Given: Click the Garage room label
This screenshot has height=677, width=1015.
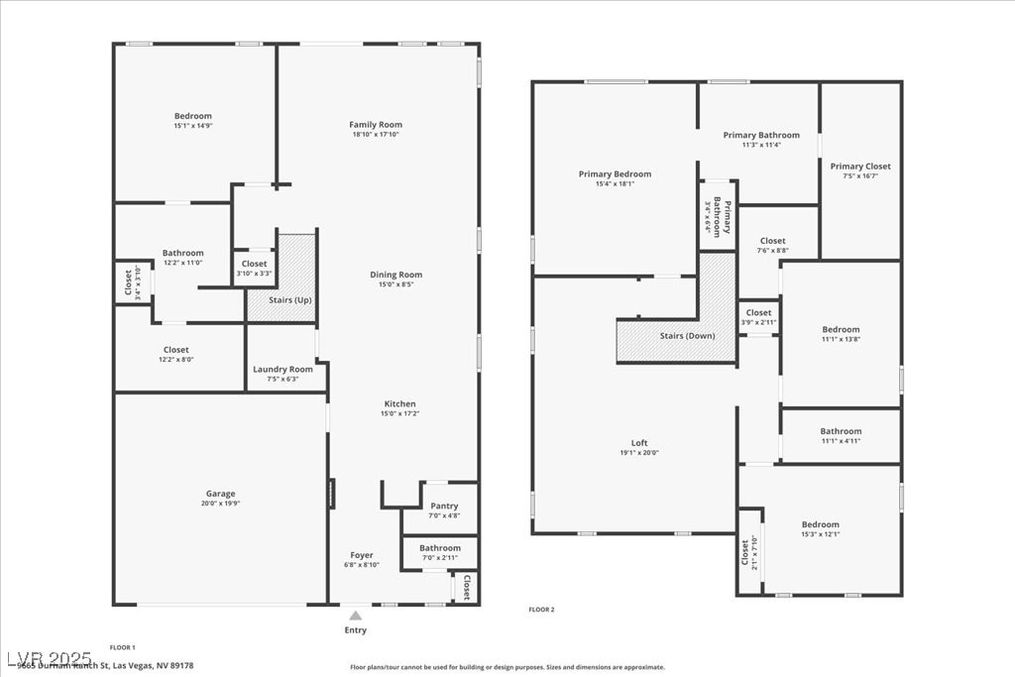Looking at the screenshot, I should click(220, 494).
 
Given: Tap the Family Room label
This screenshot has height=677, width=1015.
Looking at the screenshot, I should click(376, 125).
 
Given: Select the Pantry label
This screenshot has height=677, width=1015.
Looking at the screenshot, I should click(444, 506).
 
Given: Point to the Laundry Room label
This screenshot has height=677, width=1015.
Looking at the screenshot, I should click(282, 370).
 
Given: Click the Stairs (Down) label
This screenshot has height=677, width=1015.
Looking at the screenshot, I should click(687, 336).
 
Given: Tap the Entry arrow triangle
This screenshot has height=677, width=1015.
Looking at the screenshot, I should click(356, 616).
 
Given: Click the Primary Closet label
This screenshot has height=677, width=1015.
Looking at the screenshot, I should click(860, 167).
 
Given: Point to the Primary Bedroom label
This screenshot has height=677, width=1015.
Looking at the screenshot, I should click(615, 174).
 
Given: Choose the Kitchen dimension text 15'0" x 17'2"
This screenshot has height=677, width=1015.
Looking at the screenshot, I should click(399, 413).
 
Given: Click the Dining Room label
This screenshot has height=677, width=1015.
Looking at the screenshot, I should click(396, 275).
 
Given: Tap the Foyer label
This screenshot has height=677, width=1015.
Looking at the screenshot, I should click(362, 555).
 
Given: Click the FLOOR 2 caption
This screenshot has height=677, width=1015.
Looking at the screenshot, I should click(541, 610).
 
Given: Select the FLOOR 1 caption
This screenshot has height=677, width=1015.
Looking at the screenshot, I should click(122, 647).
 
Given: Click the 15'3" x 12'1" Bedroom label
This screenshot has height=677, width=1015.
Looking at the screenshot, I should click(820, 524).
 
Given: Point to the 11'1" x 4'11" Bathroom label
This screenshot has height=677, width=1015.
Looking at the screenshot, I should click(841, 431).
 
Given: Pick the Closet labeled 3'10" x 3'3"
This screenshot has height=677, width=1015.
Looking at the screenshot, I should click(254, 264).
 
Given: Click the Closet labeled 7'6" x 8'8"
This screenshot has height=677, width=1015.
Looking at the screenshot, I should click(772, 241).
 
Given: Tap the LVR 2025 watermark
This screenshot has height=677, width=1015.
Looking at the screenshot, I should click(49, 658).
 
